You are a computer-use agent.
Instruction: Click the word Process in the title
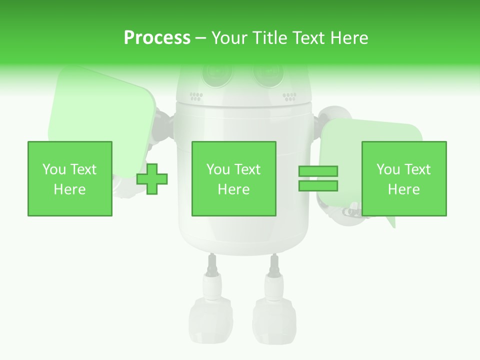click(157, 38)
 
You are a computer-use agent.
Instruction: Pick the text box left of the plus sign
click(70, 178)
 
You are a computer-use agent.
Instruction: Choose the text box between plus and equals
click(233, 178)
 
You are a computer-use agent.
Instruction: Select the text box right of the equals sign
click(403, 178)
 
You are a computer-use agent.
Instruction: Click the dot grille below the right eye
click(289, 95)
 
